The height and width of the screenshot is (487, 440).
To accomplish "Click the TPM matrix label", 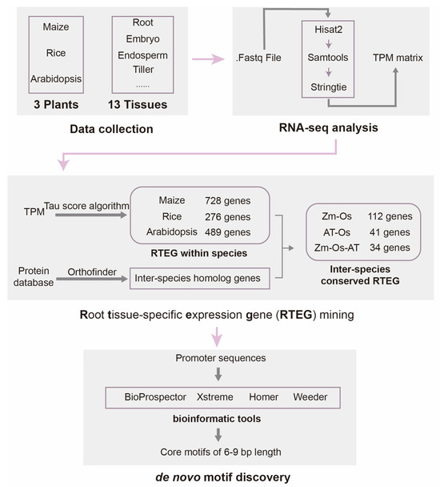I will (399, 58).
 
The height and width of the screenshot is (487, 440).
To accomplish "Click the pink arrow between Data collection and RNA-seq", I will (194, 58).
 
